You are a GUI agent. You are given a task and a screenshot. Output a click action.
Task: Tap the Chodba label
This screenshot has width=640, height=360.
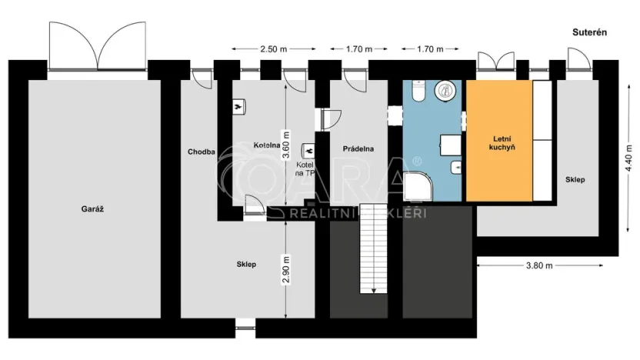point(200,152)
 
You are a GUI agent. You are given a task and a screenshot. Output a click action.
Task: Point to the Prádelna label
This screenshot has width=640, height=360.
point(358,148)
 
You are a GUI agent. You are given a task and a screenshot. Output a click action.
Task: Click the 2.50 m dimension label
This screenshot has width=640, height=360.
point(273,48)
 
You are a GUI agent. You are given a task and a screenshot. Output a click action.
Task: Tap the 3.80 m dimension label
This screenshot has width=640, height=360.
point(538,265)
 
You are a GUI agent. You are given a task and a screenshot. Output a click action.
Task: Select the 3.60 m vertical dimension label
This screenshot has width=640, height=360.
point(285,144)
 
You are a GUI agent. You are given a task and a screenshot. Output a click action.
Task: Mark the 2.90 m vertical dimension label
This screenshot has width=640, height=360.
point(285,268)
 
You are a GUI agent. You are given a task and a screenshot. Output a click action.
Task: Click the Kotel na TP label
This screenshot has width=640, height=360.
point(305,169)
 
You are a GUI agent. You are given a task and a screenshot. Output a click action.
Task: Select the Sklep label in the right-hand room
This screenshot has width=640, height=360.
point(575,179)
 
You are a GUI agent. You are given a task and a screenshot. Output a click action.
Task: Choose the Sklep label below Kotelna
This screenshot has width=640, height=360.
point(246,264)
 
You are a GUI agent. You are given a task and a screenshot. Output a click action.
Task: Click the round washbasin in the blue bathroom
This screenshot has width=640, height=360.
point(445,91)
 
